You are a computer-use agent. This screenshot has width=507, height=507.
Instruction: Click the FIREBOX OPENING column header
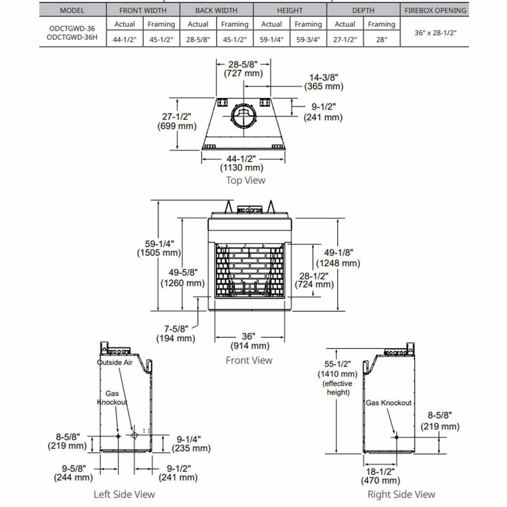[435, 10]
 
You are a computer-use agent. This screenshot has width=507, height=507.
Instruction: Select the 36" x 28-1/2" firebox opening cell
[435, 33]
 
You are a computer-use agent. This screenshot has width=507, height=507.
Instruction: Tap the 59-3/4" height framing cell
[308, 40]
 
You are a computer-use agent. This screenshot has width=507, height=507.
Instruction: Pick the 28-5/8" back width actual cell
[198, 40]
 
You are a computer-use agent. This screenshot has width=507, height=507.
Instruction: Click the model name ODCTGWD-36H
[72, 37]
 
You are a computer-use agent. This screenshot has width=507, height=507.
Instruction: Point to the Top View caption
[246, 180]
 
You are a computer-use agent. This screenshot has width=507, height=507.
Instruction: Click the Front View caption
[249, 360]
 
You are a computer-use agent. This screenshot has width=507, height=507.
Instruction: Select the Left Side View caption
[124, 494]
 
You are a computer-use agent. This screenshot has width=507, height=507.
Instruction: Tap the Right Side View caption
[401, 494]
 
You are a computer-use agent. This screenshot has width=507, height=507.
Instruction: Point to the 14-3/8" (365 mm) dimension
[324, 82]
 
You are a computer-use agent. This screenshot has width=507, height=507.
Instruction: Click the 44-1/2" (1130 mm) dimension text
[241, 163]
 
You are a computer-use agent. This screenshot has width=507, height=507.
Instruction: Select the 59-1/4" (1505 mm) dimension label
[159, 248]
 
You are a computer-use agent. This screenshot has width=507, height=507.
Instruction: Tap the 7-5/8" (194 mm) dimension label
[175, 334]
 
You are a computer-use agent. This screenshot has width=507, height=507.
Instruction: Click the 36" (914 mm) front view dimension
[250, 341]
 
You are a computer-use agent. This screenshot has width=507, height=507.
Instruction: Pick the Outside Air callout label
[115, 362]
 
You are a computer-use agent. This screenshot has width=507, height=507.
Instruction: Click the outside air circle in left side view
[134, 435]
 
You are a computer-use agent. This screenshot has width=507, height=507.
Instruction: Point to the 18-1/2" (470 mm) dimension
[380, 476]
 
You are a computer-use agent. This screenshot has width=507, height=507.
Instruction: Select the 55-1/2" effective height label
[337, 377]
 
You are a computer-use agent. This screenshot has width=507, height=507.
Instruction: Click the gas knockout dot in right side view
[396, 437]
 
